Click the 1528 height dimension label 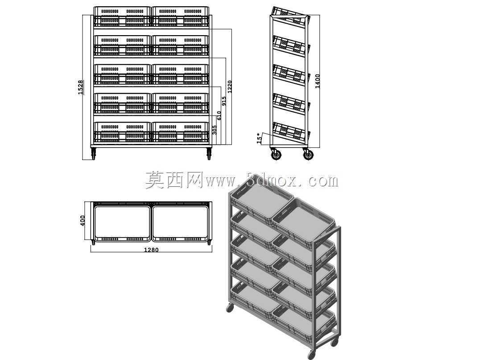pos(80,87)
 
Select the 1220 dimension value pos(230,86)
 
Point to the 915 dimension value pos(224,101)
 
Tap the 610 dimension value pos(219,115)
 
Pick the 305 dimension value pos(215,130)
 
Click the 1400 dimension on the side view pos(318,81)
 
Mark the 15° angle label pos(260,139)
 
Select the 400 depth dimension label pos(82,220)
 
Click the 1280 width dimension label pos(151,250)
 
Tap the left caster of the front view pos(94,153)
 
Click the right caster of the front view pos(209,153)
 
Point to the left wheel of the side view pos(276,154)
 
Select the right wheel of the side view pos(308,154)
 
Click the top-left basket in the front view pos(122,16)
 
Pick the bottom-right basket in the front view pos(180,132)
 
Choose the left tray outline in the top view pos(122,223)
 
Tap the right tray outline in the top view pos(181,223)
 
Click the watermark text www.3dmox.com pos(272,180)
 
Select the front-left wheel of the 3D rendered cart pos(230,308)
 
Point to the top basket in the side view pos(289,16)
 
